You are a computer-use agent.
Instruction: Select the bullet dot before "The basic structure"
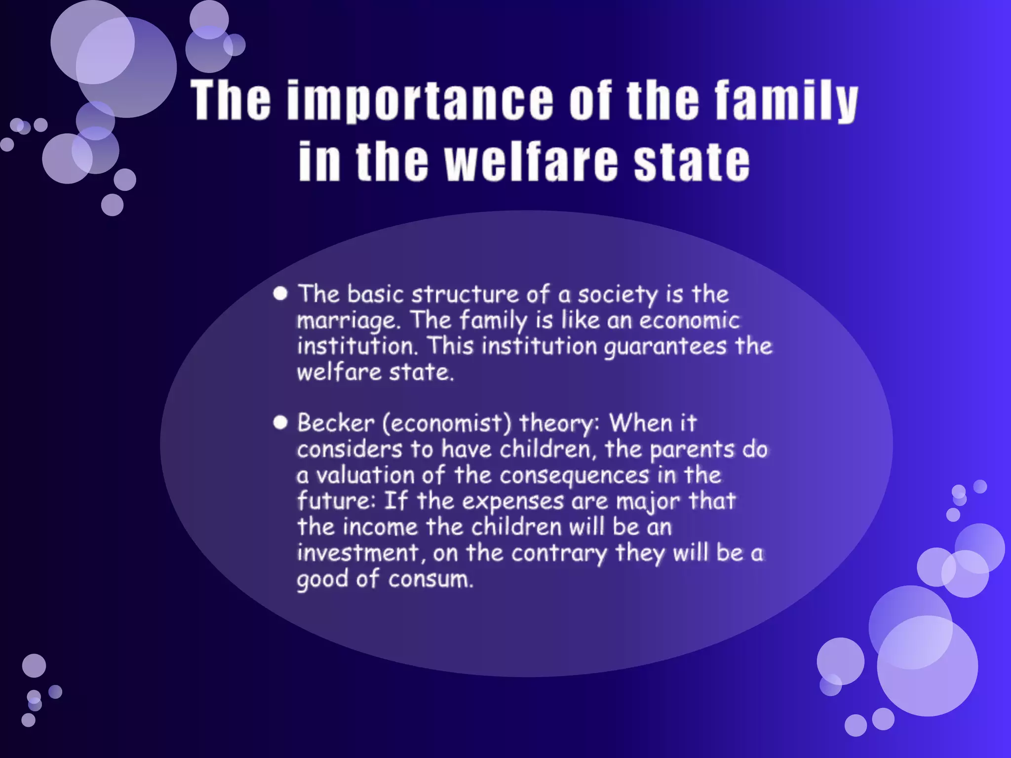click(280, 294)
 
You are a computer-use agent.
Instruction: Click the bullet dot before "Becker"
click(280, 422)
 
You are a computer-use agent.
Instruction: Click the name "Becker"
click(336, 423)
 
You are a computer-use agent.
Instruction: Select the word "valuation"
click(365, 475)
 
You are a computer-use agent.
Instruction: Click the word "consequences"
click(574, 475)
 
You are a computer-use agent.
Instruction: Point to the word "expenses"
click(513, 501)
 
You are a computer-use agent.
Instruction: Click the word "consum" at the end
click(430, 579)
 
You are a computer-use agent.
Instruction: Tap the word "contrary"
click(559, 554)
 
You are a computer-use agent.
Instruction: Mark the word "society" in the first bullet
click(618, 295)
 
